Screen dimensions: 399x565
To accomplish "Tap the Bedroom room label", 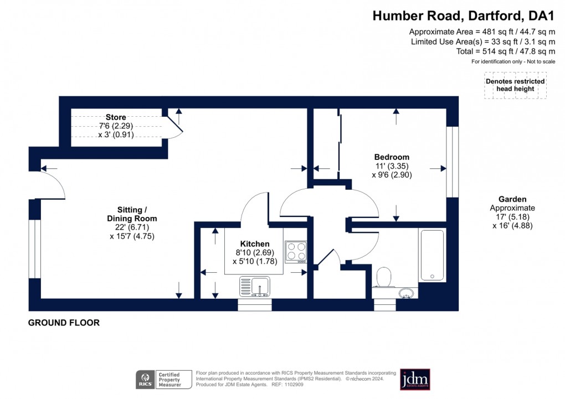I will click(392, 157).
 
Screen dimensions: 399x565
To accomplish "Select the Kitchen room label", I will click(255, 244).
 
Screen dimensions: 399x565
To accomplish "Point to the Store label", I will click(116, 117).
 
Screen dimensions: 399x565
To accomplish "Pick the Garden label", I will click(512, 199).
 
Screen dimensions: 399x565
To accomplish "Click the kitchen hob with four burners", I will click(295, 251).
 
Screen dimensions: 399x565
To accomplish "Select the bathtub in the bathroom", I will click(432, 255).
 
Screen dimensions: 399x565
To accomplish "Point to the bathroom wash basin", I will click(407, 293).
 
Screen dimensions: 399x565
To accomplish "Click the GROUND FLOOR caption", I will click(64, 323).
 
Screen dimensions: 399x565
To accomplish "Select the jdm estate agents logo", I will click(415, 380).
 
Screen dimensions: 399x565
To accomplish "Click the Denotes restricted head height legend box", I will click(515, 85).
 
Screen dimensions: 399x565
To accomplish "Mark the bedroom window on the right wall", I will click(453, 162).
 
